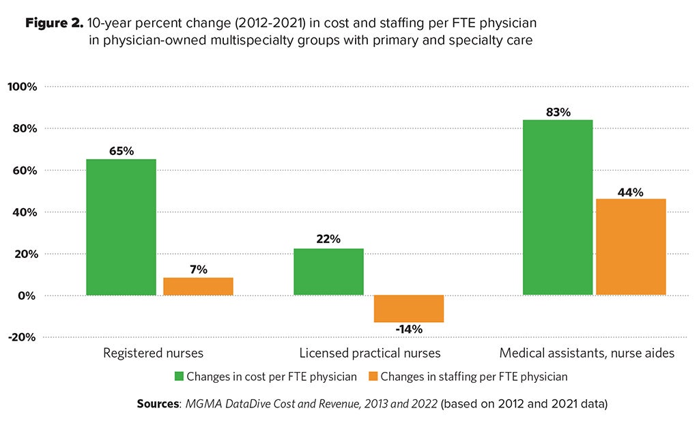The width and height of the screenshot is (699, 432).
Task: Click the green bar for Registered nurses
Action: click(x=122, y=227)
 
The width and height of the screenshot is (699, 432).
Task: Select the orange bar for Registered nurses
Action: click(x=198, y=287)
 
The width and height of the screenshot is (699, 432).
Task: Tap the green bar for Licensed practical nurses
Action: click(x=328, y=272)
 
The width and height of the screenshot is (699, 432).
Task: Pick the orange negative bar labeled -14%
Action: click(x=409, y=308)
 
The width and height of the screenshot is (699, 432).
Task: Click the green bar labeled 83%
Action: click(x=558, y=207)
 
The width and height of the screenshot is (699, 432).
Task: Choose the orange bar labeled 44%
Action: click(x=631, y=247)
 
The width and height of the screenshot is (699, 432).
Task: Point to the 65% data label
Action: click(x=122, y=151)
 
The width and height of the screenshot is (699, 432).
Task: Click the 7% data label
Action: click(x=199, y=270)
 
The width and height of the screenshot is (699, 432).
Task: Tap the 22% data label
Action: click(x=328, y=240)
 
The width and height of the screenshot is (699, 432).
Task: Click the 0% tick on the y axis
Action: click(x=28, y=296)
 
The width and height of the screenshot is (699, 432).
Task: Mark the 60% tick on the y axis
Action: click(x=25, y=170)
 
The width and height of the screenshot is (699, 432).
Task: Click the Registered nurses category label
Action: click(x=153, y=354)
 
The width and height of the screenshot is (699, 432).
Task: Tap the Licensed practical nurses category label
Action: click(x=370, y=354)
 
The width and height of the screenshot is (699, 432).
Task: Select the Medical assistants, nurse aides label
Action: click(x=587, y=354)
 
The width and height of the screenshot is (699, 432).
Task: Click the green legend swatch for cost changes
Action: click(x=179, y=376)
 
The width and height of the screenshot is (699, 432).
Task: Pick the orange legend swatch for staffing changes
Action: click(x=373, y=376)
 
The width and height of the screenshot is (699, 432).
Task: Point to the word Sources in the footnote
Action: click(x=157, y=403)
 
